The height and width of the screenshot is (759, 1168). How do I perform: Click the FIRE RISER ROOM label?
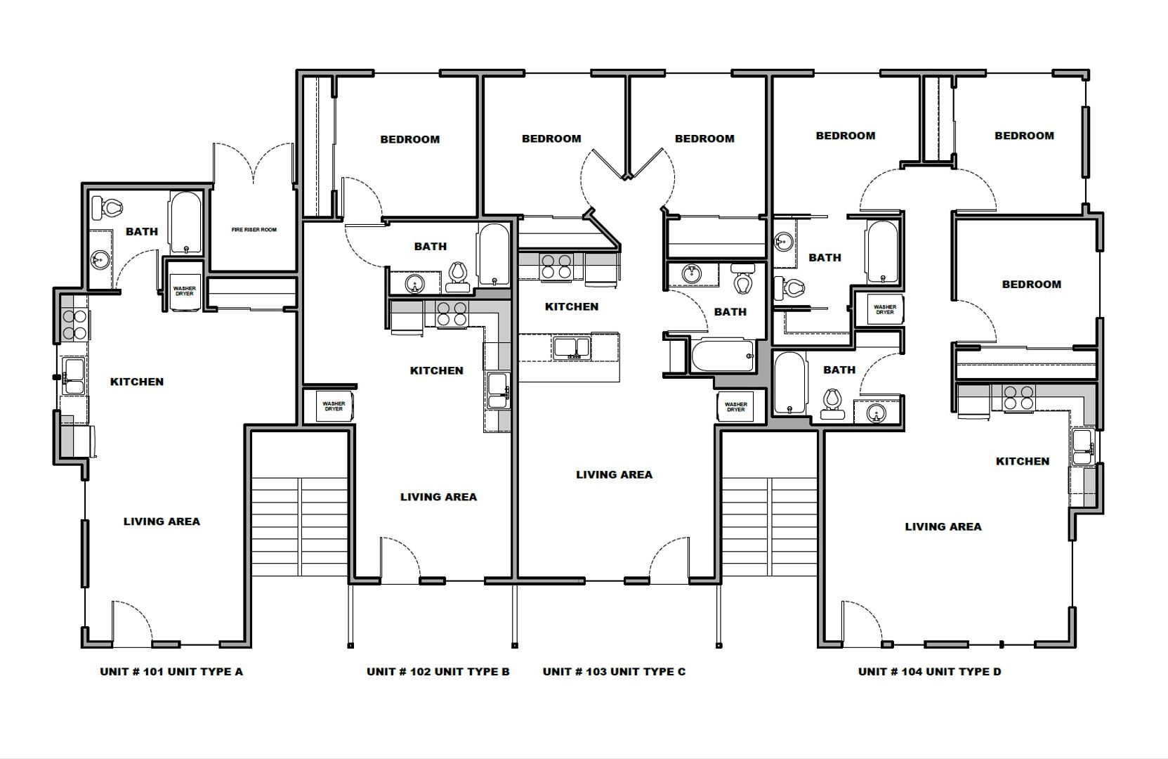coord(254,230)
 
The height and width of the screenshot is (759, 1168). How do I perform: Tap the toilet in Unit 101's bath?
coord(107,209)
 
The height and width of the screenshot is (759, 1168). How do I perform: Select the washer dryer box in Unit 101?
coord(184,291)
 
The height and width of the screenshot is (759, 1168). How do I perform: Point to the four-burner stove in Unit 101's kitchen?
coord(74,325)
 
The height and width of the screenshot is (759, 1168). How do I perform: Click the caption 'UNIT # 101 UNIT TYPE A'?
coord(171,671)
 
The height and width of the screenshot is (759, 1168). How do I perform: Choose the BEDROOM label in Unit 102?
coord(410,139)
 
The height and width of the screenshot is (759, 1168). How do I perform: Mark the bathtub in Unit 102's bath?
coord(494,255)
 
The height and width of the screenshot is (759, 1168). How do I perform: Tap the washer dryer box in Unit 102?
coord(334,406)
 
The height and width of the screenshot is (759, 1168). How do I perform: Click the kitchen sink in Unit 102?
coord(497,390)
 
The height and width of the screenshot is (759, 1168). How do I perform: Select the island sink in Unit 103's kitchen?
coord(572,348)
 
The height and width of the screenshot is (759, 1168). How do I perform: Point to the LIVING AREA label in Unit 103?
coord(615,474)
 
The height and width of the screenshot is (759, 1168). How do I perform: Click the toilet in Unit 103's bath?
coord(742,279)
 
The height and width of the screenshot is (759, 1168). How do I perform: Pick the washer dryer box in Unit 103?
coord(735,407)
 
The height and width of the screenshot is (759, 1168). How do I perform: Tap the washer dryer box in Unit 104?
coord(885,309)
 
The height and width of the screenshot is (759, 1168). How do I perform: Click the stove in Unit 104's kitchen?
coord(1018,398)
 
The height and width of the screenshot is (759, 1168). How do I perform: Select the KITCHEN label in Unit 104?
coord(1023,461)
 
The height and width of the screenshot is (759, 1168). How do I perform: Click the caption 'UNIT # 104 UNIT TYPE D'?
coord(930,671)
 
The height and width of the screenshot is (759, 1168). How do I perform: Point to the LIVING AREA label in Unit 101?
coord(162,521)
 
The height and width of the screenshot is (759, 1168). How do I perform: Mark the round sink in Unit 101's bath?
coord(100,259)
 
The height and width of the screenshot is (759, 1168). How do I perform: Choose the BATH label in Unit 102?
coord(430,246)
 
